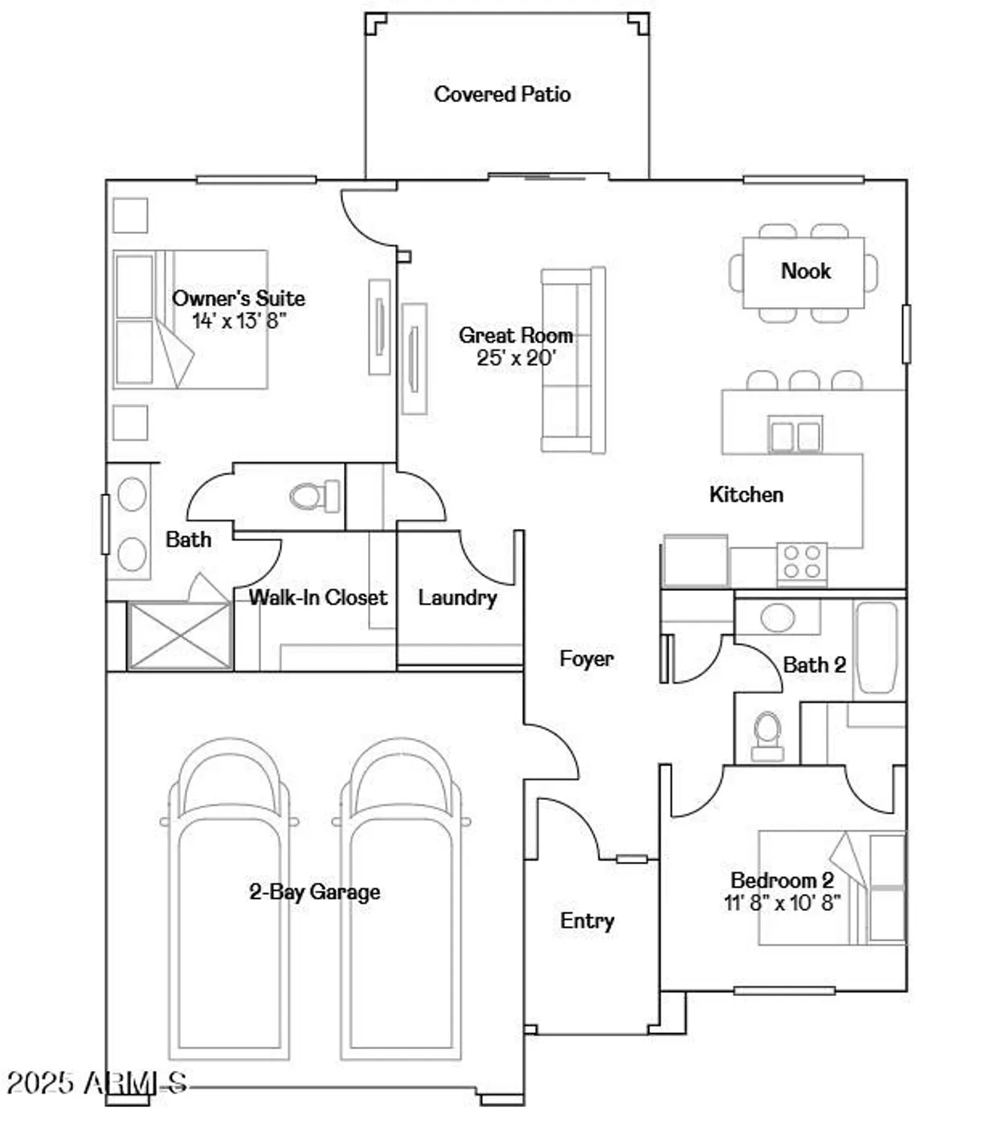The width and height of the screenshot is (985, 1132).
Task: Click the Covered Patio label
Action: tap(502, 94)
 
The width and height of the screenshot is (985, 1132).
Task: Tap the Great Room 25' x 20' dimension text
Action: tap(516, 358)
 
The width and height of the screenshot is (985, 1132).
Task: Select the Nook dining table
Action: tap(803, 272)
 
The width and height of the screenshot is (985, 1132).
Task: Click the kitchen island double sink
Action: tap(795, 435)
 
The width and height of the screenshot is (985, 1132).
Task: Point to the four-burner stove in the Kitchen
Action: tap(802, 562)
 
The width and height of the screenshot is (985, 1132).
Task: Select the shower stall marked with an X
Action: tap(180, 635)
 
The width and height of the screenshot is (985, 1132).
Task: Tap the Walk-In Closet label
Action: tap(318, 598)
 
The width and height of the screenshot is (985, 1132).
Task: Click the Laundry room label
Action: tap(457, 598)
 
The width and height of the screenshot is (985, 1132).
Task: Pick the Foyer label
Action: tap(586, 659)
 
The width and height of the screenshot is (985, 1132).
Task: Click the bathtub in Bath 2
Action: tap(878, 647)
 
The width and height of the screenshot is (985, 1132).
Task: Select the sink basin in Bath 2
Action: tap(777, 617)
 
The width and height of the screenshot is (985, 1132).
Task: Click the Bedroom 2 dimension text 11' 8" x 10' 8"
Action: tap(782, 903)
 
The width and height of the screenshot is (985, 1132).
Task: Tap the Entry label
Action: tap(587, 921)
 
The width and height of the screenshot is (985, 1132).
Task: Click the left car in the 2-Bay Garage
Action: tap(229, 898)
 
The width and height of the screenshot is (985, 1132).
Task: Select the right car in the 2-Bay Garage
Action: tap(401, 898)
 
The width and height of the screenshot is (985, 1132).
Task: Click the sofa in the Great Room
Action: tap(574, 360)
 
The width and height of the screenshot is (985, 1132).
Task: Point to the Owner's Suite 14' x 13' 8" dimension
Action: tap(238, 321)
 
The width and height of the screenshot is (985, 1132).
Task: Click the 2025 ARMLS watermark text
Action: tap(96, 1083)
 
